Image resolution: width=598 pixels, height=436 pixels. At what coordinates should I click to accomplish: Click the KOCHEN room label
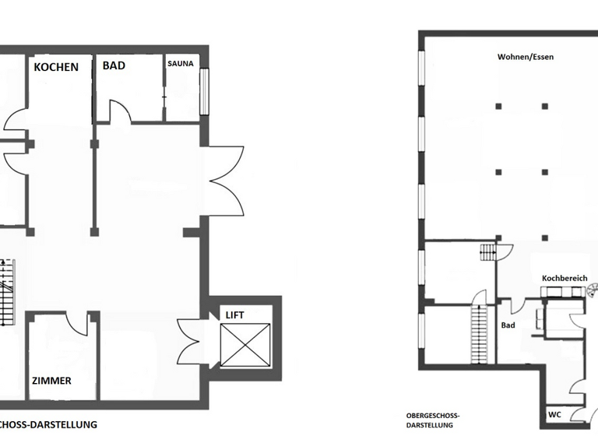click(56, 67)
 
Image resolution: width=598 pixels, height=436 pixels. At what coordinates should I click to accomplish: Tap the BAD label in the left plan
click(114, 66)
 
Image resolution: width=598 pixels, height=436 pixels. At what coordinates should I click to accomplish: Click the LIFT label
click(234, 314)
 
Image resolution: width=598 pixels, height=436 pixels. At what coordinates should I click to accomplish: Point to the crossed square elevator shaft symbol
click(244, 343)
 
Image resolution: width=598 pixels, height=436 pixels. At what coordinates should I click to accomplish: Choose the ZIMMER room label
click(52, 381)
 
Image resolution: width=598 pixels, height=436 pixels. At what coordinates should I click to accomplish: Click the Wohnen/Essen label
click(526, 57)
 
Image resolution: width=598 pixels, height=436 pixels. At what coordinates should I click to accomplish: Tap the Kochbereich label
click(565, 278)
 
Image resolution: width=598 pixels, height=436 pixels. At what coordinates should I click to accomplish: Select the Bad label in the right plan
click(508, 325)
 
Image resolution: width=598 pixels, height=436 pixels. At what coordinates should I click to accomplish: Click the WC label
click(555, 413)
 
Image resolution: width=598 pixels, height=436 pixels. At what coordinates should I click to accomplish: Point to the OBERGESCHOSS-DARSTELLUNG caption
click(434, 420)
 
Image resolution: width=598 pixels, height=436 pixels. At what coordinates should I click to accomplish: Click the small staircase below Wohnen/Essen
click(488, 252)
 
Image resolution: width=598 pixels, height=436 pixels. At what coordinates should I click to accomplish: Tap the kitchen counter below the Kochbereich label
click(564, 291)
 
